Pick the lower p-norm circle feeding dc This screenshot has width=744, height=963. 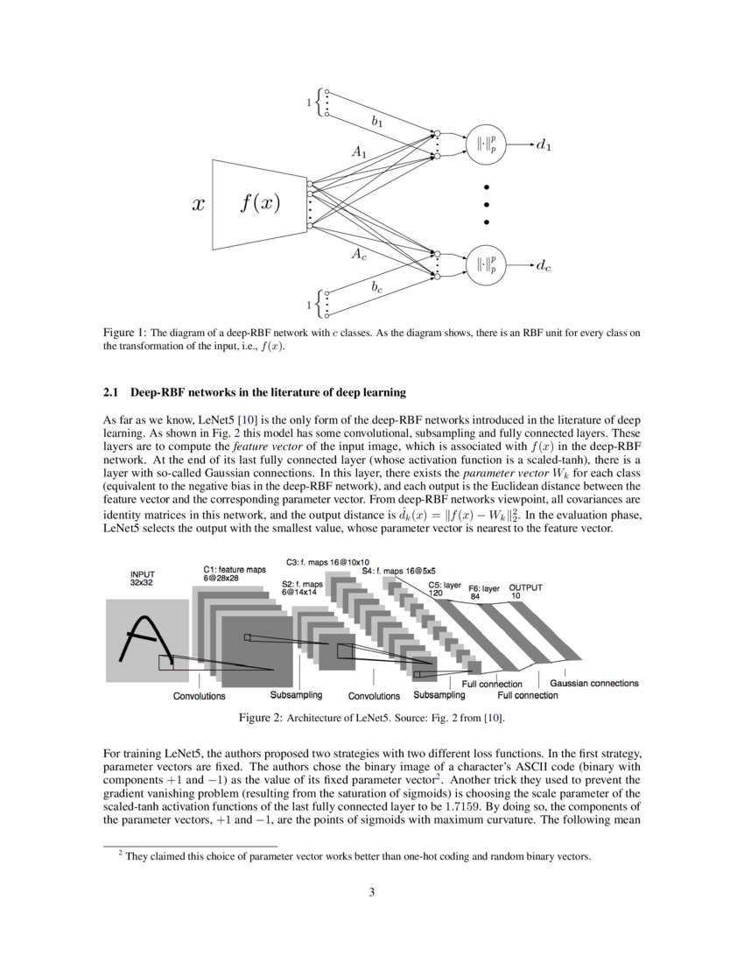tap(486, 264)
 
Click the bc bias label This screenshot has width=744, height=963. tap(377, 286)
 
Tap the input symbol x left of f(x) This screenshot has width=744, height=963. tap(199, 205)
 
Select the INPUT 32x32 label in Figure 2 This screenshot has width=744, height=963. tap(142, 579)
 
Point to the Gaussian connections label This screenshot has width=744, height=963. tap(593, 683)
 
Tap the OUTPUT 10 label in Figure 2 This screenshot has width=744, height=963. tap(526, 591)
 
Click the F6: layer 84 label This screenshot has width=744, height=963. tap(483, 593)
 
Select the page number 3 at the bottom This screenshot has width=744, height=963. tap(372, 893)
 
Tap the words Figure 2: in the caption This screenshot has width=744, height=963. tap(260, 719)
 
